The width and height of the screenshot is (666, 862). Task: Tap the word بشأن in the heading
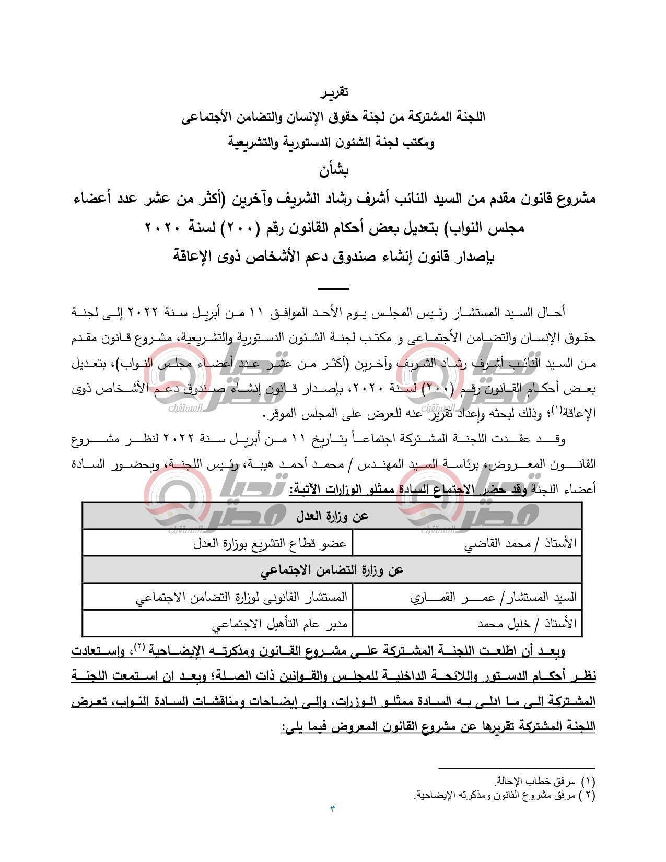[333, 170]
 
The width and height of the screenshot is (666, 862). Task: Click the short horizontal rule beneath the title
[333, 288]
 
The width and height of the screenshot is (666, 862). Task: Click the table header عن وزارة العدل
[332, 516]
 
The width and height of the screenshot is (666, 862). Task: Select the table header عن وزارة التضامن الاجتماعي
[332, 570]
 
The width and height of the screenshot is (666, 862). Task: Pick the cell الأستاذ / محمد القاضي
[520, 543]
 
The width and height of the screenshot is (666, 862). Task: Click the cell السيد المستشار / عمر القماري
[493, 597]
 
